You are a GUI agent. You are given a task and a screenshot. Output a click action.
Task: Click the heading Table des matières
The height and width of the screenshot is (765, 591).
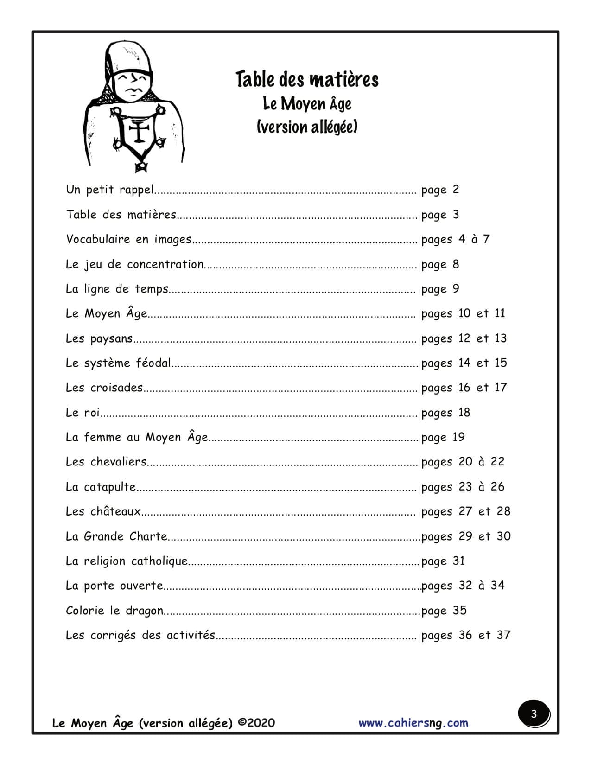point(307,79)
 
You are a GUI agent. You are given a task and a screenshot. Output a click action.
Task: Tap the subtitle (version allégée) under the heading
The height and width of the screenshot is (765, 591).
point(307,127)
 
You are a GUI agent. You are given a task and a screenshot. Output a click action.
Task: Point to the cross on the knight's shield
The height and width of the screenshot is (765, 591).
point(138,132)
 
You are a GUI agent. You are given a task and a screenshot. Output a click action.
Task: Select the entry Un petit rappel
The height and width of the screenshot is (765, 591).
point(109,190)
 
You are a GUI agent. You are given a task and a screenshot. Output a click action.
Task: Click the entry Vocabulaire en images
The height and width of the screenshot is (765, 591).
point(128,239)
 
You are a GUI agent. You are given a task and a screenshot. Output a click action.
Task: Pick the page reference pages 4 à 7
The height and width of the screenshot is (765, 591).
point(455,240)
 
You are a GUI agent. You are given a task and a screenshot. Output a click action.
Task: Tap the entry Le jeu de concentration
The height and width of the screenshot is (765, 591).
point(134,264)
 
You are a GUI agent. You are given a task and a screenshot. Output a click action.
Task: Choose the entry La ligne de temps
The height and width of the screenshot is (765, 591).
point(117,289)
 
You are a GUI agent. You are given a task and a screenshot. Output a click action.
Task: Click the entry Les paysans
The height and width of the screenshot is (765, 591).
point(99,338)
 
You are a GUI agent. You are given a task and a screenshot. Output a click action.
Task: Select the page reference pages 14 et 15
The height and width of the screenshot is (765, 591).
point(464,363)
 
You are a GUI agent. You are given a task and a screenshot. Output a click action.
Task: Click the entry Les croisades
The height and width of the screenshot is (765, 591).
point(104,388)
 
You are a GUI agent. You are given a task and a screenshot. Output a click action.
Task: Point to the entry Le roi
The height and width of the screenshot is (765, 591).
point(83,413)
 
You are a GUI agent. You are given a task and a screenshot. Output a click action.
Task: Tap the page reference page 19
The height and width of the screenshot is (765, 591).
point(443,437)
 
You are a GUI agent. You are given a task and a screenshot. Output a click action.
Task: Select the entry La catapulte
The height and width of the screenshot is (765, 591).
point(101,487)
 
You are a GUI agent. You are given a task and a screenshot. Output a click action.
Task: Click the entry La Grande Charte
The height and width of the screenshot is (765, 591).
point(116,536)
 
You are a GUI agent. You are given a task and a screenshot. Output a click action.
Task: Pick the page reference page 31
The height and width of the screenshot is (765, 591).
point(443,561)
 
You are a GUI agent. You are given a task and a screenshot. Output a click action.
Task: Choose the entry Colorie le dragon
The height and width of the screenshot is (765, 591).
point(114,611)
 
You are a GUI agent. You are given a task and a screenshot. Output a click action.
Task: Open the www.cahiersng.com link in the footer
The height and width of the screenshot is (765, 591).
point(413,723)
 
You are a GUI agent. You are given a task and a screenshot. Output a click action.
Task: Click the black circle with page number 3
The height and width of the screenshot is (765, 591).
point(534,714)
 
